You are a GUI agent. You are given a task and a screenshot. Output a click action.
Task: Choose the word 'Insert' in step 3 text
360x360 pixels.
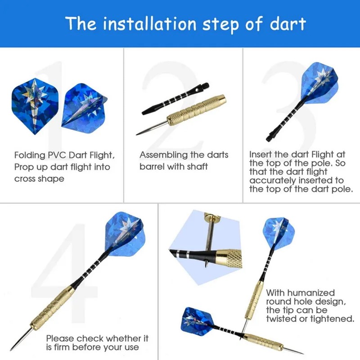261,154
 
